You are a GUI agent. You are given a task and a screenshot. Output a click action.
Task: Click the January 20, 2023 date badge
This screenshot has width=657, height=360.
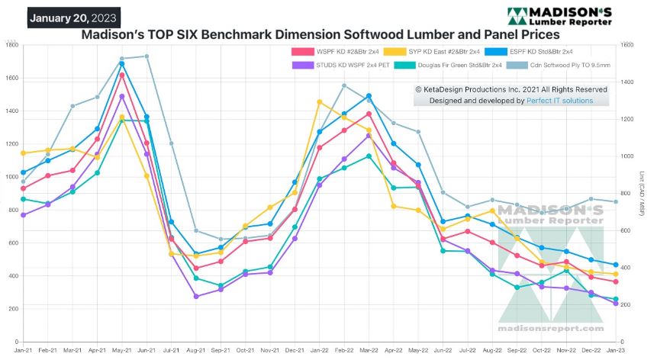74,17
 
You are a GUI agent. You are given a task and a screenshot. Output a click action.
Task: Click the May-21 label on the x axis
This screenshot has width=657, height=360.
121,349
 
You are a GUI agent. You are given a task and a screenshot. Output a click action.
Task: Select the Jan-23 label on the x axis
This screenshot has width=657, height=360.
615,349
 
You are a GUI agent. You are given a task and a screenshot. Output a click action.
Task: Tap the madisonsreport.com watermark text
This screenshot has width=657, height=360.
550,328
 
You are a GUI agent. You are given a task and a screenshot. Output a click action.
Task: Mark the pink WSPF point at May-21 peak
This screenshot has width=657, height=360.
122,75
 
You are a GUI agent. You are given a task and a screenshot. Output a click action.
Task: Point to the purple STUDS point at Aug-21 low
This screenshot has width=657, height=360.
196,297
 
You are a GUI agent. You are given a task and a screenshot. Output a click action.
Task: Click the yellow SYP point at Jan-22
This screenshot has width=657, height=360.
320,102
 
